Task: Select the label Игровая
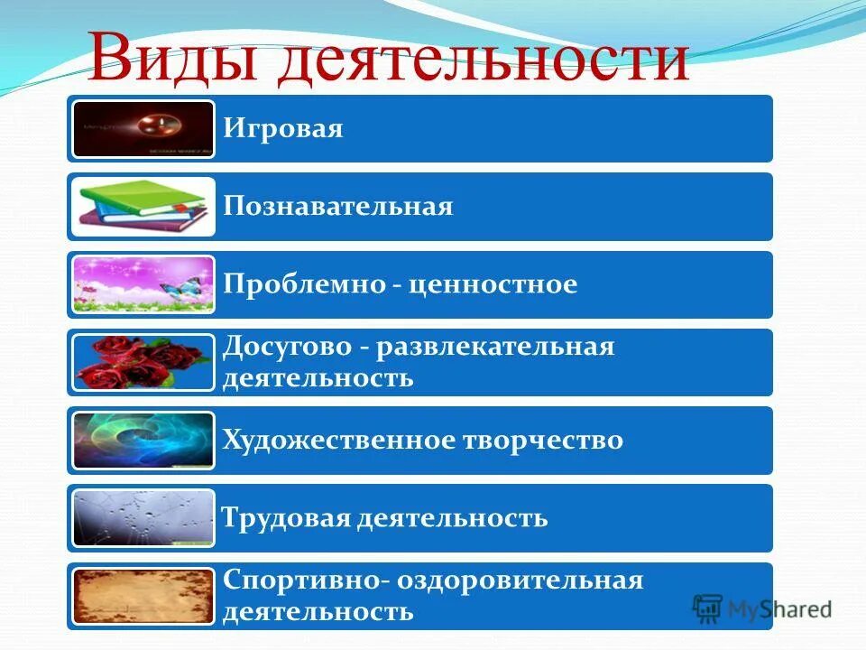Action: tap(284, 128)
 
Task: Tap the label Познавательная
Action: tap(338, 207)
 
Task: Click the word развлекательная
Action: tap(495, 347)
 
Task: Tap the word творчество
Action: tap(542, 441)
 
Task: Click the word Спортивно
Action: tap(300, 580)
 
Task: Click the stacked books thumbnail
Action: tap(143, 207)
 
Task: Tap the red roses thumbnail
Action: tap(143, 362)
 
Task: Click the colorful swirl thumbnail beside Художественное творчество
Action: tap(143, 441)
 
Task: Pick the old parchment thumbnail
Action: tap(143, 596)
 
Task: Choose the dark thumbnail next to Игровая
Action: tap(143, 129)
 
